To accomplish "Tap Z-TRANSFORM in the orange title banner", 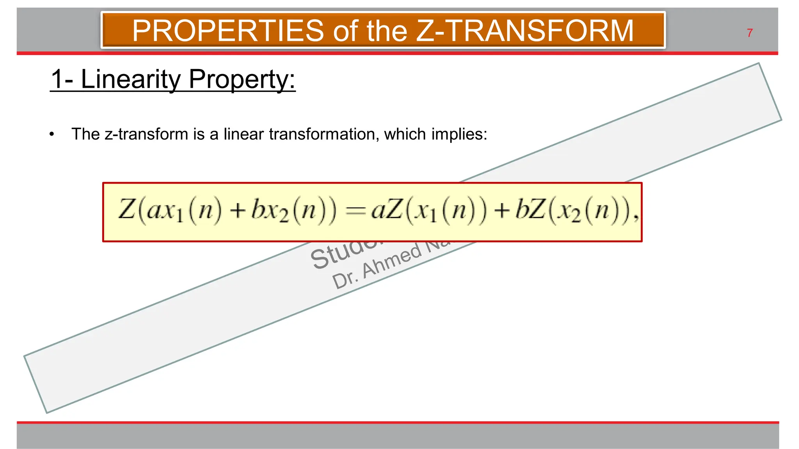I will pos(525,31).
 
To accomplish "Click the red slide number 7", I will pos(749,33).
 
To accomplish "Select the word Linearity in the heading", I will pos(131,79).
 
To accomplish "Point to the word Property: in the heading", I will pos(242,80).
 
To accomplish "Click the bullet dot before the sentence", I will pos(52,134).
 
